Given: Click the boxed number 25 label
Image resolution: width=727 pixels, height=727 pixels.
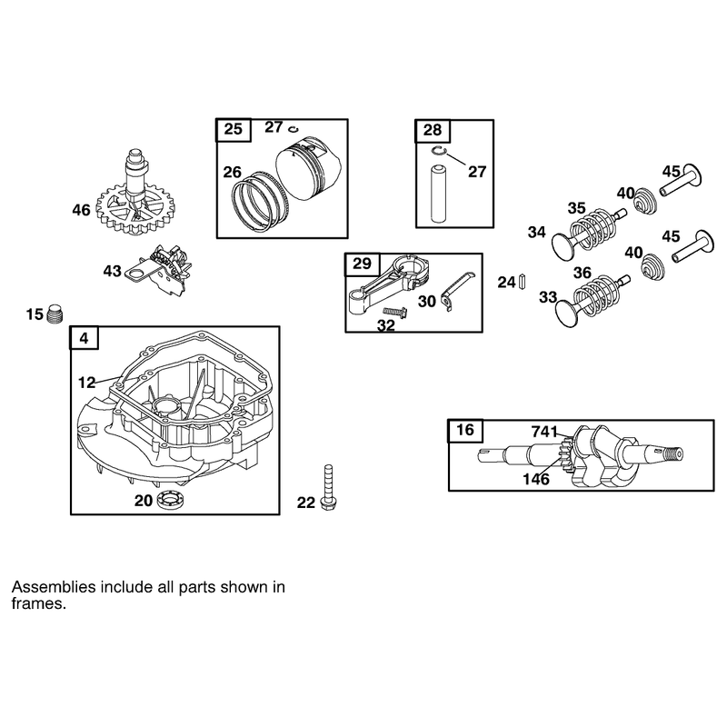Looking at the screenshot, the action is pos(234,129).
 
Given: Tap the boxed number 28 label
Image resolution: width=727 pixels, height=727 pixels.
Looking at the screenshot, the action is pos(433,130).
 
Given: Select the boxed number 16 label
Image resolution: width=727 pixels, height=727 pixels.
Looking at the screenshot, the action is pos(465,430).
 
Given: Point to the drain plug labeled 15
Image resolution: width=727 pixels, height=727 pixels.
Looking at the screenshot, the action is pos(55,314).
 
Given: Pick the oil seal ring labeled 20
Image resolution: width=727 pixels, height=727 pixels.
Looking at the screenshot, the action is pos(171,501).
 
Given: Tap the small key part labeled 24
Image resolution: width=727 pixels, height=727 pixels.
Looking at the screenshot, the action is pos(522,282).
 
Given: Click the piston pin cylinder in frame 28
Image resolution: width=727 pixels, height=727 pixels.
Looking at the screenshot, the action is pos(438,193).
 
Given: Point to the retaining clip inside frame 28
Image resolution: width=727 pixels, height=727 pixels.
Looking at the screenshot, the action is pos(439,151).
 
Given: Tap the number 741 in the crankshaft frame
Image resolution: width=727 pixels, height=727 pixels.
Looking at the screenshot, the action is pos(544,433).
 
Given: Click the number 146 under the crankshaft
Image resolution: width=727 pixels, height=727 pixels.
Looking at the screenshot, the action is pos(536,479).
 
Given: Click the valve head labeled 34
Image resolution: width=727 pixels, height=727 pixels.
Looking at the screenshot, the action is pos(563,244).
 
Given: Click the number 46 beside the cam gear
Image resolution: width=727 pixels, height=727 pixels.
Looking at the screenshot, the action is pos(81,210).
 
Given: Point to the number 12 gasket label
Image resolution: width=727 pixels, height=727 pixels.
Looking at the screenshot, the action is pos(86,383).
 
